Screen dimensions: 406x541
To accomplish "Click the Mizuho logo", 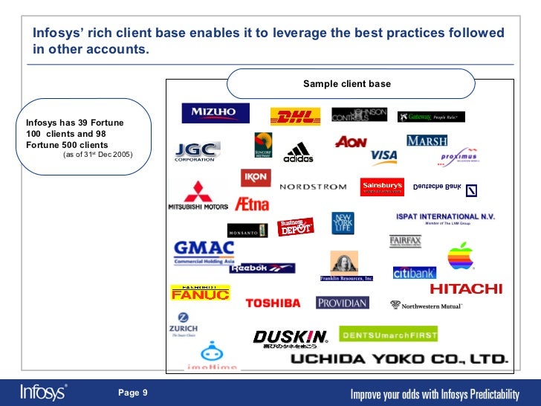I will pyautogui.click(x=215, y=113).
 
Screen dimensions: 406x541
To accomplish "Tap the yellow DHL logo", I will pyautogui.click(x=295, y=117).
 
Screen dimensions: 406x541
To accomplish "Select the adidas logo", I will pyautogui.click(x=299, y=152).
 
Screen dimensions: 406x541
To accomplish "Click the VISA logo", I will pyautogui.click(x=383, y=157).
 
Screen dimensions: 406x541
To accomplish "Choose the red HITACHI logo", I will pyautogui.click(x=466, y=289).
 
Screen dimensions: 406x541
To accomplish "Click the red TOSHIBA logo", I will pyautogui.click(x=273, y=303).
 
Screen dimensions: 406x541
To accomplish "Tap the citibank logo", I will pyautogui.click(x=414, y=273).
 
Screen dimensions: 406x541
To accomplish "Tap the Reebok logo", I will pyautogui.click(x=262, y=268).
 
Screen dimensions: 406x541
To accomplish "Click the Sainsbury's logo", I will pyautogui.click(x=382, y=186).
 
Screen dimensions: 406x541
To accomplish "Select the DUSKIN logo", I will pyautogui.click(x=289, y=338).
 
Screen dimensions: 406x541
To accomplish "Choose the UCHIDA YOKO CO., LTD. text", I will pyautogui.click(x=398, y=359).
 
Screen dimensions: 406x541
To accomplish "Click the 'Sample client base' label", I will pyautogui.click(x=346, y=84).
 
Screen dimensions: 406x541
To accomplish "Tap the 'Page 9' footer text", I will pyautogui.click(x=133, y=392).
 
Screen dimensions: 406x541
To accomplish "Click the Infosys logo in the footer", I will pyautogui.click(x=43, y=391).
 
